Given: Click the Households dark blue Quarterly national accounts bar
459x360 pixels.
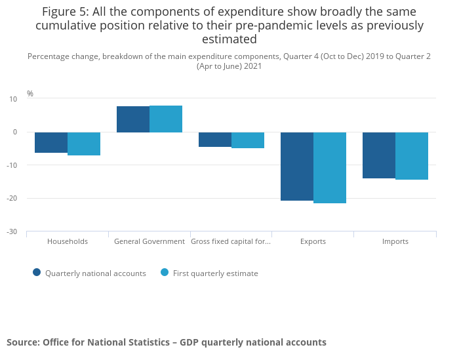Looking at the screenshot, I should coord(51,142).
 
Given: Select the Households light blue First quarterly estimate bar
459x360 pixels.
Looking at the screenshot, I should coord(84,144).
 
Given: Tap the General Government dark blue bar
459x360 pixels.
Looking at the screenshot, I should coord(133,119).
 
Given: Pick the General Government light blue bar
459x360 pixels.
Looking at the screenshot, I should coord(166,119).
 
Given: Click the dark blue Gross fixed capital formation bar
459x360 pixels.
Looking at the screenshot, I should coord(215,140).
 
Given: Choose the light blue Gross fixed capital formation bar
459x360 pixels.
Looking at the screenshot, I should coord(248,140).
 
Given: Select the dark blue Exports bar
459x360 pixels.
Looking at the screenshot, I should coord(297,166).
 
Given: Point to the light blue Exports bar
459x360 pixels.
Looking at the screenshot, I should coord(330,167).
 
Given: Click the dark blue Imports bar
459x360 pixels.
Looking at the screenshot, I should coord(379,155).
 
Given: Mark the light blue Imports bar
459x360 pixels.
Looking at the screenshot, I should coord(412,155).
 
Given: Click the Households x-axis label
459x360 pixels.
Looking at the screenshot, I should coord(68,241).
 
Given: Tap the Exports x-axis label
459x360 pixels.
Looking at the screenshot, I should coord(313,241).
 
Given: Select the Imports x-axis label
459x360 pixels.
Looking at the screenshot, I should coord(395,241).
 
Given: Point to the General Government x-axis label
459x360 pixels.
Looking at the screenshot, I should coord(150,241).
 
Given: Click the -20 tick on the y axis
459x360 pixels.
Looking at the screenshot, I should coord(12,198).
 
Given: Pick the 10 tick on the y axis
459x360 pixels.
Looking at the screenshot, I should coord(13,99).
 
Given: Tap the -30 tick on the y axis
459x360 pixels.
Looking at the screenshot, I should coord(12,231).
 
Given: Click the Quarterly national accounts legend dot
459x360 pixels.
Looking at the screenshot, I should coord(37,273).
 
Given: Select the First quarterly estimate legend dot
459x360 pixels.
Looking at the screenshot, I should coord(165,273).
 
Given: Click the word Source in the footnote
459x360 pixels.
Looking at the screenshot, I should coord(22,342).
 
